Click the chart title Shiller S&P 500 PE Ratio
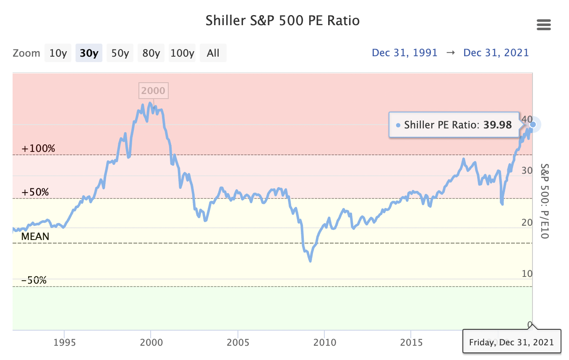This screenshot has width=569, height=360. click(x=282, y=21)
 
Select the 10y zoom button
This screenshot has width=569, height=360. click(x=58, y=53)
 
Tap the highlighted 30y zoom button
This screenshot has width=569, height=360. click(x=89, y=53)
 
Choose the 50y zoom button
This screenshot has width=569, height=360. click(x=120, y=53)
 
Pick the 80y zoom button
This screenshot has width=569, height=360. click(x=151, y=53)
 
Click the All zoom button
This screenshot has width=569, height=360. click(x=213, y=53)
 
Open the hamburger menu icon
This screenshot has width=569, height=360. click(x=543, y=25)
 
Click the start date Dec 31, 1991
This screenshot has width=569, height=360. click(x=405, y=53)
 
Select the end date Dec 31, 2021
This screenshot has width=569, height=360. click(x=496, y=53)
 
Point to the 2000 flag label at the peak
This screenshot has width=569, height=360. click(x=153, y=91)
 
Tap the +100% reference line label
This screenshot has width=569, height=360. click(x=38, y=149)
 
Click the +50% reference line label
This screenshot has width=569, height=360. click(x=35, y=192)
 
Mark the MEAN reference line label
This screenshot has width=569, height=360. click(x=35, y=237)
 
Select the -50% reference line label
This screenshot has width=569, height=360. click(x=34, y=280)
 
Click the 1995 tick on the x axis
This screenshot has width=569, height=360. click(x=64, y=342)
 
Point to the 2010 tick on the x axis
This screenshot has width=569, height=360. click(x=324, y=342)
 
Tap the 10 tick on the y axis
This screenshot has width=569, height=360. click(x=526, y=274)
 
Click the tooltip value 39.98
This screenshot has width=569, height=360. click(x=498, y=125)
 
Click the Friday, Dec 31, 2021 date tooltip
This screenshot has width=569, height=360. click(x=511, y=342)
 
